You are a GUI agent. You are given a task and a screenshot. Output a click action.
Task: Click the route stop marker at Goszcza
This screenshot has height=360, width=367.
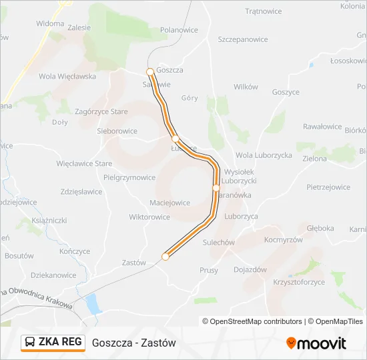150,71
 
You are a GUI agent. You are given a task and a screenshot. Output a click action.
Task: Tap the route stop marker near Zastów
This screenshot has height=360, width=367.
165,257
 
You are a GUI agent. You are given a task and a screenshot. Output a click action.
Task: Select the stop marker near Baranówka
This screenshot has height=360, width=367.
216,189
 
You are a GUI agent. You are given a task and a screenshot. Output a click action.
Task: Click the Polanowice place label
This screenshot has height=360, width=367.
179,30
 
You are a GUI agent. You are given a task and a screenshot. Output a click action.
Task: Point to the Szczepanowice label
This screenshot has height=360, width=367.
243,39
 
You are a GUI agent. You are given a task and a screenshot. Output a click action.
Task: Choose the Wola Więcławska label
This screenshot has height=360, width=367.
67,76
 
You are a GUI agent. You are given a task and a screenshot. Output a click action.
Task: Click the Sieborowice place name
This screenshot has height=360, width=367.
117,131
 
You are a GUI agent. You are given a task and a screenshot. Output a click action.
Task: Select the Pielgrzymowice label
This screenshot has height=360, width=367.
129,177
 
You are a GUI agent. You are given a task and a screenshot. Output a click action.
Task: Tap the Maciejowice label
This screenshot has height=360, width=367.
170,203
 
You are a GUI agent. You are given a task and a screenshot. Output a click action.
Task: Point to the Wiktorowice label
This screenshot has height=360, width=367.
149,217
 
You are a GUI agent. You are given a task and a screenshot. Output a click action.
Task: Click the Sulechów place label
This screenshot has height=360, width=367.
218,243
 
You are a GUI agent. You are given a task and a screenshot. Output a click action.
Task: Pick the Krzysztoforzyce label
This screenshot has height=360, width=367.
300,282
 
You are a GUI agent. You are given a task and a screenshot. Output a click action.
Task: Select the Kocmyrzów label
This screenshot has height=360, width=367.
284,239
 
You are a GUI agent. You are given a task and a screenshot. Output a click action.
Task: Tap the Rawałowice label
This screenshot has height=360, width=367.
322,127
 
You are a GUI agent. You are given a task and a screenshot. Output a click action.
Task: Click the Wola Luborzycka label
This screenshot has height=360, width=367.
264,155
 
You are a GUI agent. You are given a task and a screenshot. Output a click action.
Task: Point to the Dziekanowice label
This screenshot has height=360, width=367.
53,275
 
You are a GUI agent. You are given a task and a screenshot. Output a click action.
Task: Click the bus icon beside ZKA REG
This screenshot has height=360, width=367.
31,343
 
